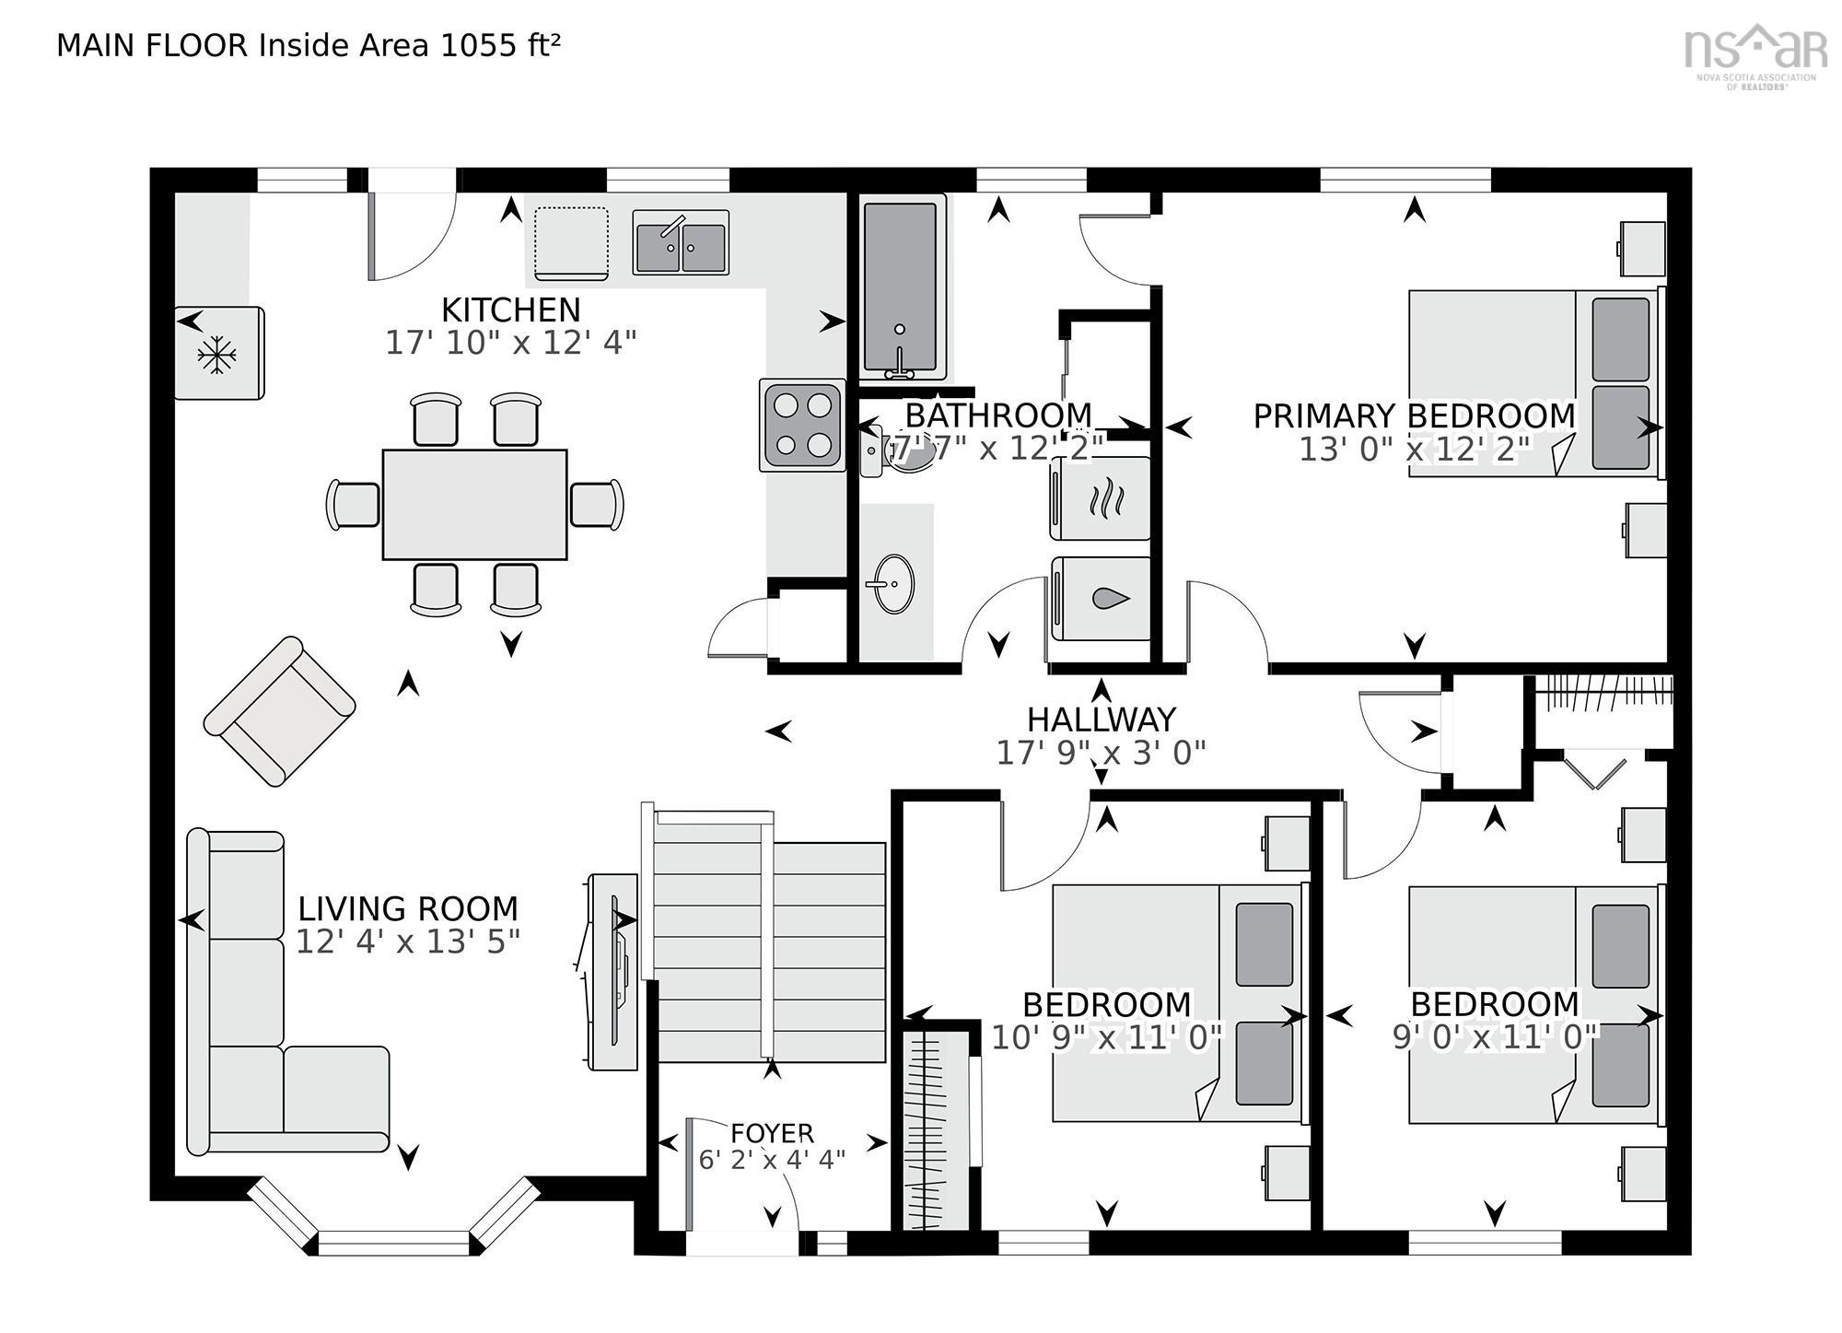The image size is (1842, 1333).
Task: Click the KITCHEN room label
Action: click(510, 310)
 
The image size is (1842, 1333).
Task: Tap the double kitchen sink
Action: click(681, 243)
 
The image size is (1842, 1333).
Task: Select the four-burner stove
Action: click(802, 426)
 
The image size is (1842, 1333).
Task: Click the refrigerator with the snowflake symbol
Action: click(219, 353)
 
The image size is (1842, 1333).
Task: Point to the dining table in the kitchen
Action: click(474, 504)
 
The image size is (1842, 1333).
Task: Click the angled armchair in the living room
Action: click(279, 710)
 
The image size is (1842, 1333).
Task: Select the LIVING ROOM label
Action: click(407, 908)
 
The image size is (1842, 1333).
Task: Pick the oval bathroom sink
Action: click(893, 583)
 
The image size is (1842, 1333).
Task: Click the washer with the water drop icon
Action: click(1102, 599)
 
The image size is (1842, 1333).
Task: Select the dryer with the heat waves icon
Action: click(1102, 498)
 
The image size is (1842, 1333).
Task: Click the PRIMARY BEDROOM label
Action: click(1414, 416)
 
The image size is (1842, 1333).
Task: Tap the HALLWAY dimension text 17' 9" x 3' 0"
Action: click(1101, 753)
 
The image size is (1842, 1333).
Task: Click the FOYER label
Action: click(772, 1132)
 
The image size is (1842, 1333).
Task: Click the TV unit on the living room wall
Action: click(612, 972)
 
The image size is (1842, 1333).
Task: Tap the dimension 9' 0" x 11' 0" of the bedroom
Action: click(1494, 1037)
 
